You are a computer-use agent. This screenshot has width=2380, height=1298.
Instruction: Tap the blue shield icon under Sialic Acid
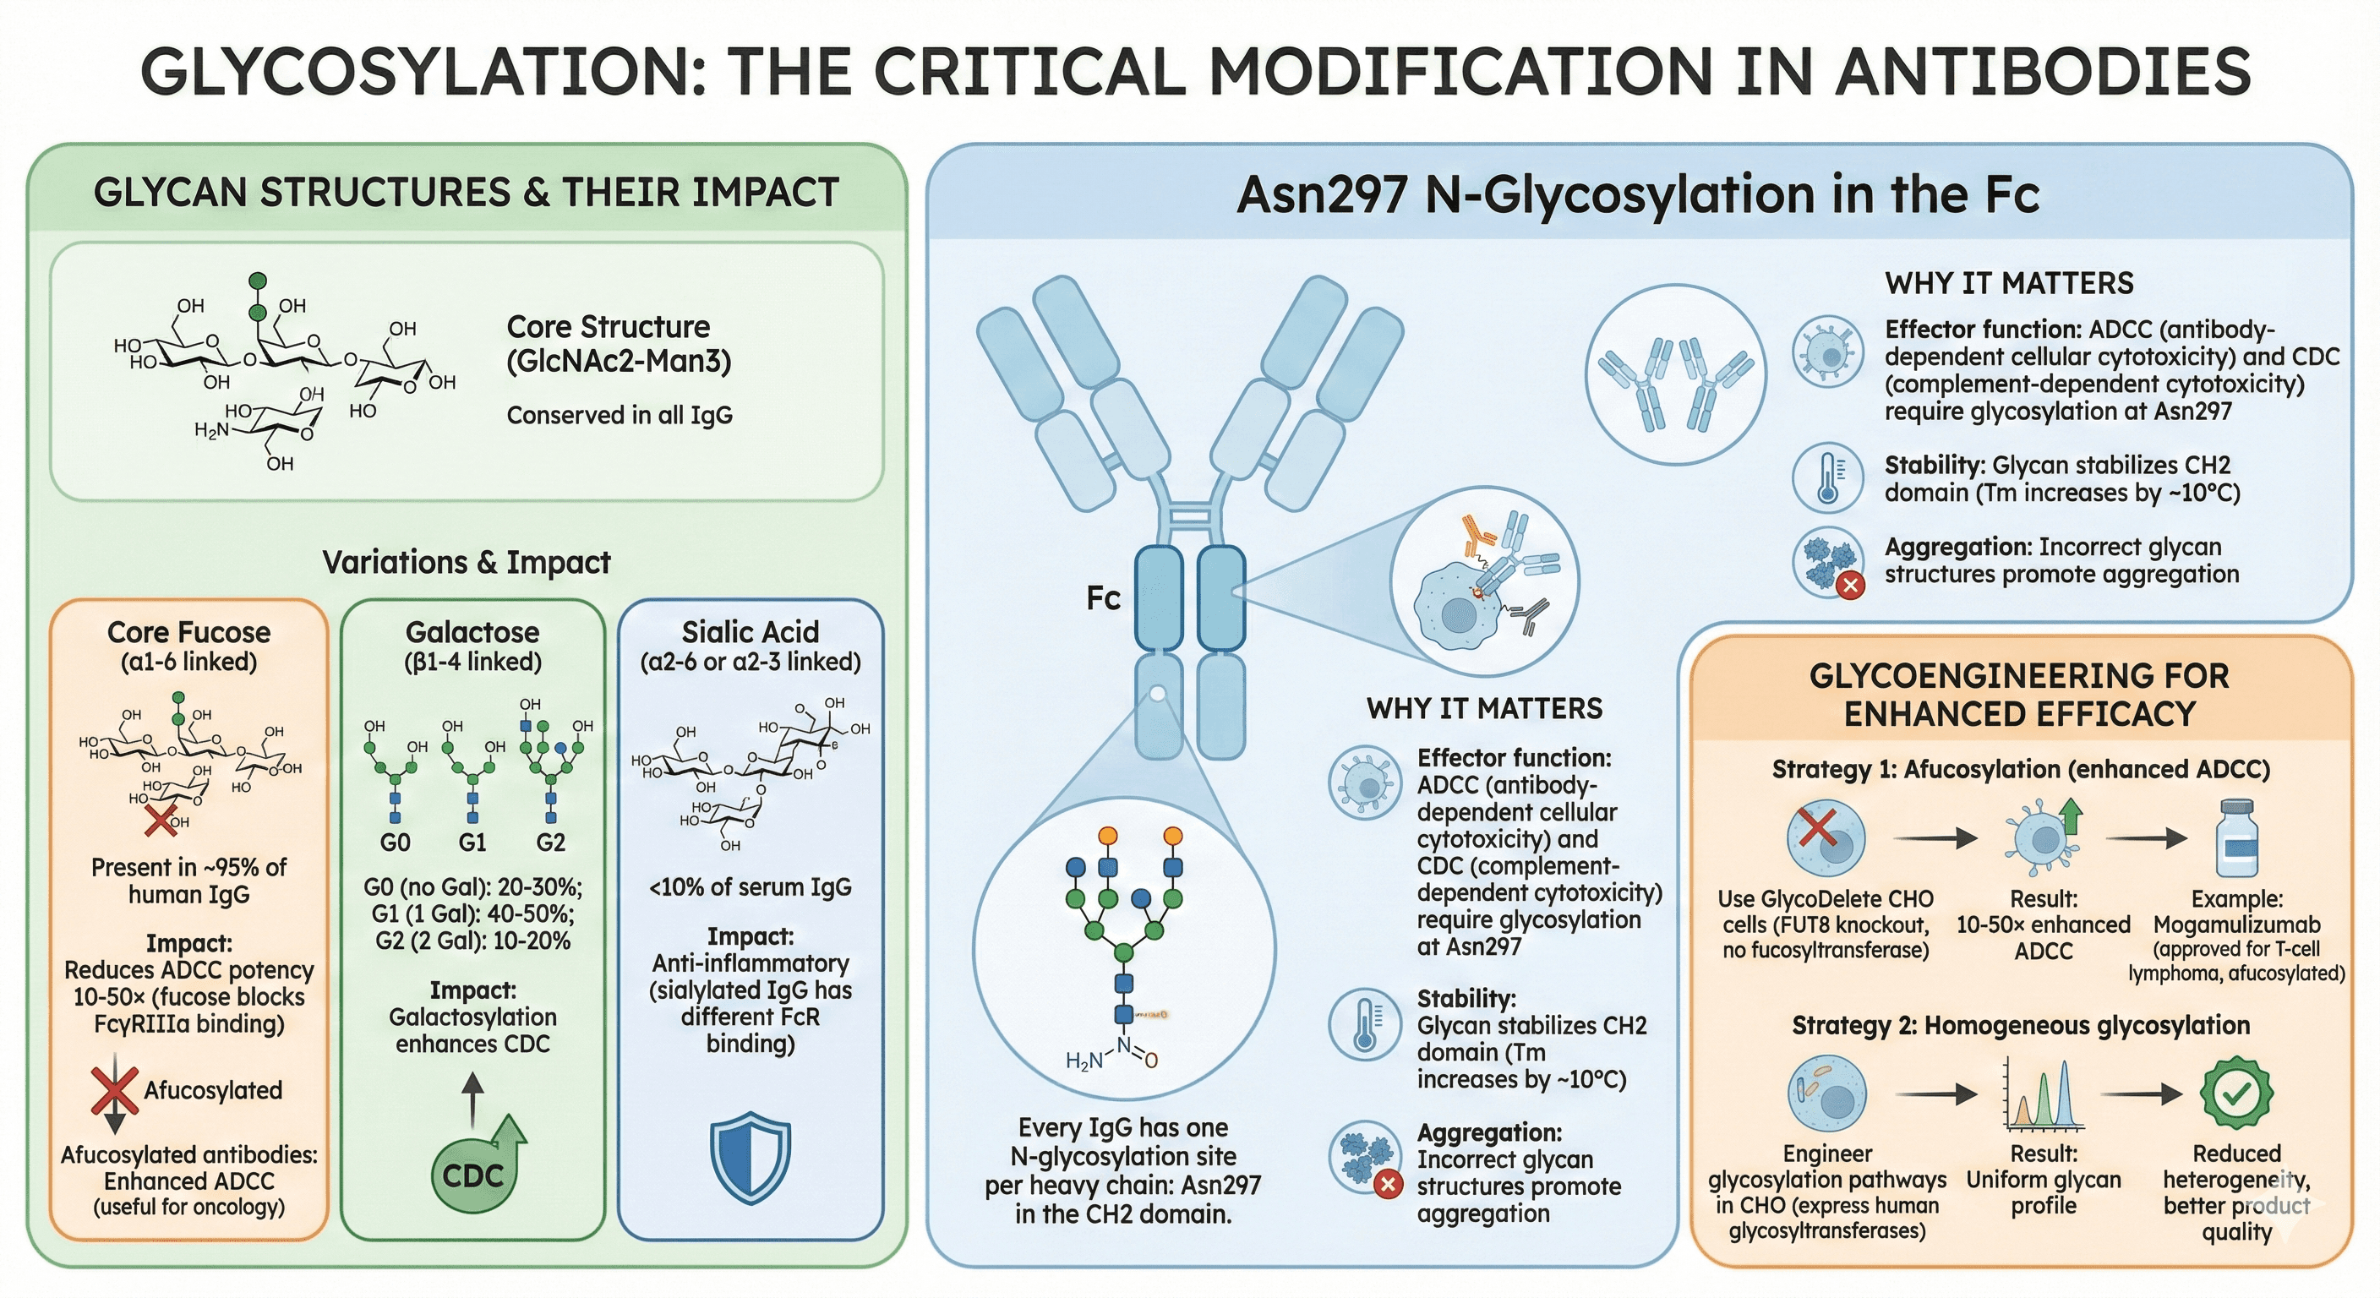(751, 1159)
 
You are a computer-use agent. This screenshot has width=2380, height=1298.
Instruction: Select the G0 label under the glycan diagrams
(395, 843)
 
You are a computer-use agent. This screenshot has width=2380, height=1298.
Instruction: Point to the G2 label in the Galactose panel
(551, 843)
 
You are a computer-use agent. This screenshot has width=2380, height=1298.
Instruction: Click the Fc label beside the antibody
(1103, 598)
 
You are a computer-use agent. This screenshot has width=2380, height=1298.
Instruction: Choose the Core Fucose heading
(189, 633)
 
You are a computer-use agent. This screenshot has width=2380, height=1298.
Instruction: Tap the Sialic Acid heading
(751, 633)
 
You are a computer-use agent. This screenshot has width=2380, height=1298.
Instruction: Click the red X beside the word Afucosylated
(115, 1090)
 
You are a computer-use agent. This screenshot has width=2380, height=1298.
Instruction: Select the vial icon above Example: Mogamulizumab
(2238, 838)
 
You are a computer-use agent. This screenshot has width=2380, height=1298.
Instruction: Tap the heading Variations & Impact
(467, 563)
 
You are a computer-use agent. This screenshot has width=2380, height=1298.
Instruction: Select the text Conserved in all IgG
(619, 416)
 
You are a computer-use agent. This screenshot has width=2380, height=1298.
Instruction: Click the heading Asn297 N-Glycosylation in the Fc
(1637, 195)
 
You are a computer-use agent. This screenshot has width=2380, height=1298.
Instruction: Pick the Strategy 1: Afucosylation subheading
(2021, 770)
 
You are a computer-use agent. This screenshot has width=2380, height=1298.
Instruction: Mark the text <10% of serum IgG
(751, 888)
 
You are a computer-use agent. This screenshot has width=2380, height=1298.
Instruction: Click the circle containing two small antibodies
(1676, 374)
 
